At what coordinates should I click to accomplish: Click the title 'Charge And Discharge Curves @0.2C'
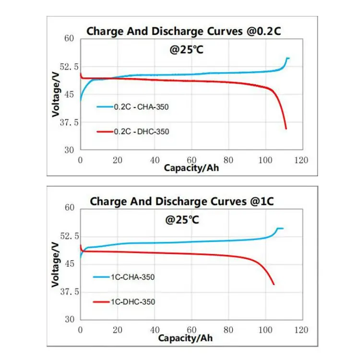(183, 32)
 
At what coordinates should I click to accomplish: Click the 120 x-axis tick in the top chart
(301, 160)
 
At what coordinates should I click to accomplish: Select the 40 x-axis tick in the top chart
(155, 160)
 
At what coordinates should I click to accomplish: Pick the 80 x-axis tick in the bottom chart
(228, 330)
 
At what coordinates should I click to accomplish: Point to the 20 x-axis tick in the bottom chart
(118, 330)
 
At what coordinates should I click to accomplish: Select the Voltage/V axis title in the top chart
(56, 94)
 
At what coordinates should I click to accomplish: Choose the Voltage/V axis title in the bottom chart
(56, 264)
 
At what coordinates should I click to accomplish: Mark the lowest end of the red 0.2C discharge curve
(286, 129)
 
